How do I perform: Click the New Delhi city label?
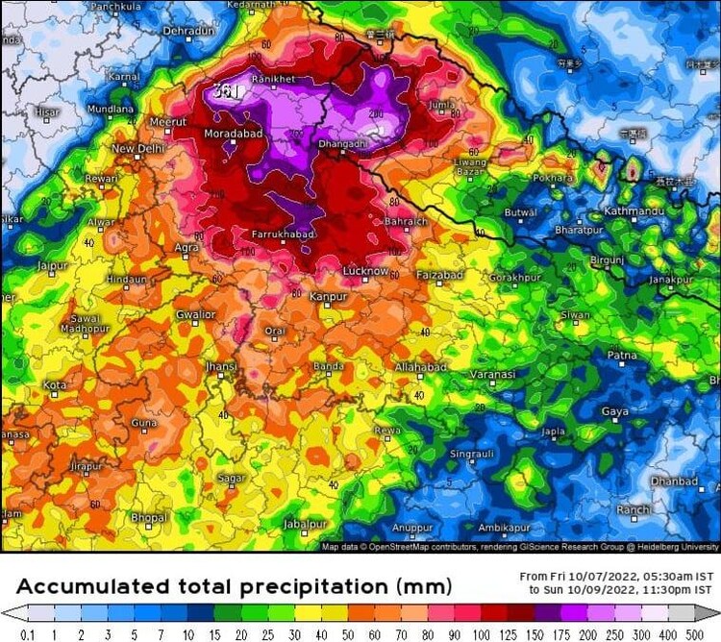click(137, 149)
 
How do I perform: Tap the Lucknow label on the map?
click(364, 271)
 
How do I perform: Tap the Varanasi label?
click(493, 374)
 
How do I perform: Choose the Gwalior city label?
click(195, 314)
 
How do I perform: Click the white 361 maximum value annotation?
click(226, 91)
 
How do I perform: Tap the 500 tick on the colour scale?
click(694, 634)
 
